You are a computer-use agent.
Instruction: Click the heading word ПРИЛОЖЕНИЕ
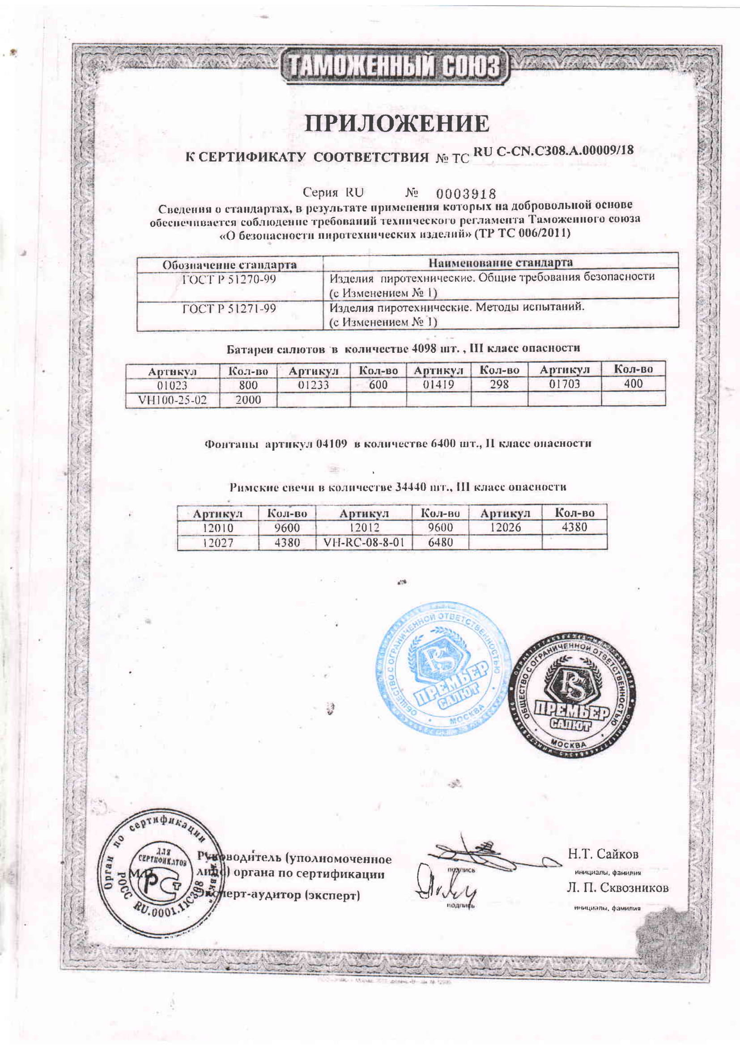(396, 123)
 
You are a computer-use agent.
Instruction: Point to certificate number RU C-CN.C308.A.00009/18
(553, 152)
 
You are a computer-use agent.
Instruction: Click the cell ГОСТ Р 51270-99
(229, 279)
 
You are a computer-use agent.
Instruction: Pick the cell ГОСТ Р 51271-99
(229, 309)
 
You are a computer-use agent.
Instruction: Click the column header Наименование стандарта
(500, 263)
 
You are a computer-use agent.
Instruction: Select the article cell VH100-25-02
(172, 400)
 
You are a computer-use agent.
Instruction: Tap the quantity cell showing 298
(499, 385)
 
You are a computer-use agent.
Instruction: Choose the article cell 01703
(564, 384)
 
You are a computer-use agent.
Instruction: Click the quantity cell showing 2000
(248, 400)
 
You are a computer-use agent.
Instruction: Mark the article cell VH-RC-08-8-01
(363, 542)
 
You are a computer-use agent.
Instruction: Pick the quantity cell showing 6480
(440, 542)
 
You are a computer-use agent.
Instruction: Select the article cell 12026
(505, 528)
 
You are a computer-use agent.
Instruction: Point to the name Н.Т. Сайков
(603, 854)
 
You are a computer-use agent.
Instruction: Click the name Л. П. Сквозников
(617, 888)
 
